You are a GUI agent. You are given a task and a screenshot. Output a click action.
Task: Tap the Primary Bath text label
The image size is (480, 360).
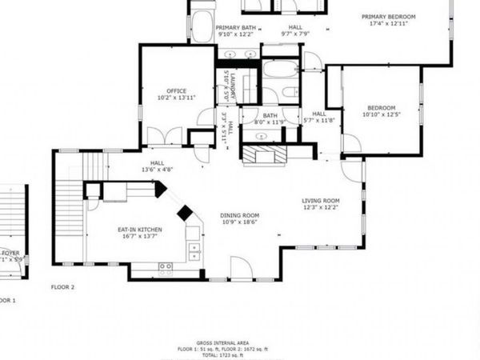pos(237,30)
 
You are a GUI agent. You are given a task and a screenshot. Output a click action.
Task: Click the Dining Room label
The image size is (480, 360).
pos(240,218)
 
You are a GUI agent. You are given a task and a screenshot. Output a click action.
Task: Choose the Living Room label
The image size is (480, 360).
pos(320,204)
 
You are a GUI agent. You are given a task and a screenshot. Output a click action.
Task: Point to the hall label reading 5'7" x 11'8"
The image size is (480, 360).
pos(319,117)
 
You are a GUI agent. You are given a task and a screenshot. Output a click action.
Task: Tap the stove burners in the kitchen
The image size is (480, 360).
pos(166,266)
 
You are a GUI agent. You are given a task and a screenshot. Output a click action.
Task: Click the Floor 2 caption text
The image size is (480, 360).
pos(62,286)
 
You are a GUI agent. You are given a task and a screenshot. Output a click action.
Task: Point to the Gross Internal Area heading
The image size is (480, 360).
pos(239,340)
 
